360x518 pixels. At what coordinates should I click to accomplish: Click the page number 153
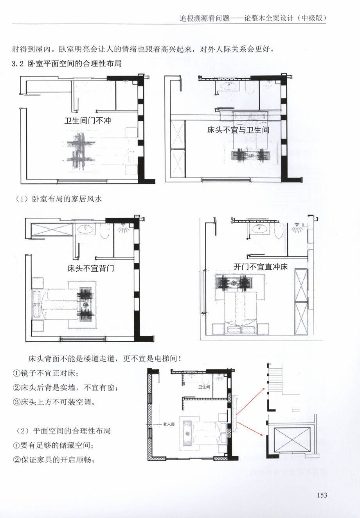coord(322,495)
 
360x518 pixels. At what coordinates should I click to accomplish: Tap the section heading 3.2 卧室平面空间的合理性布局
coord(67,64)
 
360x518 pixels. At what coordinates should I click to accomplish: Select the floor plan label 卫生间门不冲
coord(88,120)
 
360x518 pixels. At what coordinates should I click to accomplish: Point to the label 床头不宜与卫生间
coord(238,130)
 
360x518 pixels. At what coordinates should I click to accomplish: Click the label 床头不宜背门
coord(91,268)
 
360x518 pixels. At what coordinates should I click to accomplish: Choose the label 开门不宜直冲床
coord(261,267)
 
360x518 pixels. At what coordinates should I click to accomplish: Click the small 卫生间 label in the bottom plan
coord(204,387)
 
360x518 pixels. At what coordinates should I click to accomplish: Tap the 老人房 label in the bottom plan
coord(169,424)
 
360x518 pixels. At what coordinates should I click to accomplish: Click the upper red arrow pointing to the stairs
coord(250,401)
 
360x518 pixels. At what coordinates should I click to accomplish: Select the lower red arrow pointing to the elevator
coord(250,429)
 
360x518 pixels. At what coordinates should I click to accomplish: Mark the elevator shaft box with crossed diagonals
coord(292,439)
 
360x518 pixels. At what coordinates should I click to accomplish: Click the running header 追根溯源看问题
coord(204,18)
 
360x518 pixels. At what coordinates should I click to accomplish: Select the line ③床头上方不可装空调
coord(54,402)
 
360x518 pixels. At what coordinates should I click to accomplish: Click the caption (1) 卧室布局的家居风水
coord(59,199)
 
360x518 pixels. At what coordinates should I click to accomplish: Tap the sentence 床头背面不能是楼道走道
coord(72,358)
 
